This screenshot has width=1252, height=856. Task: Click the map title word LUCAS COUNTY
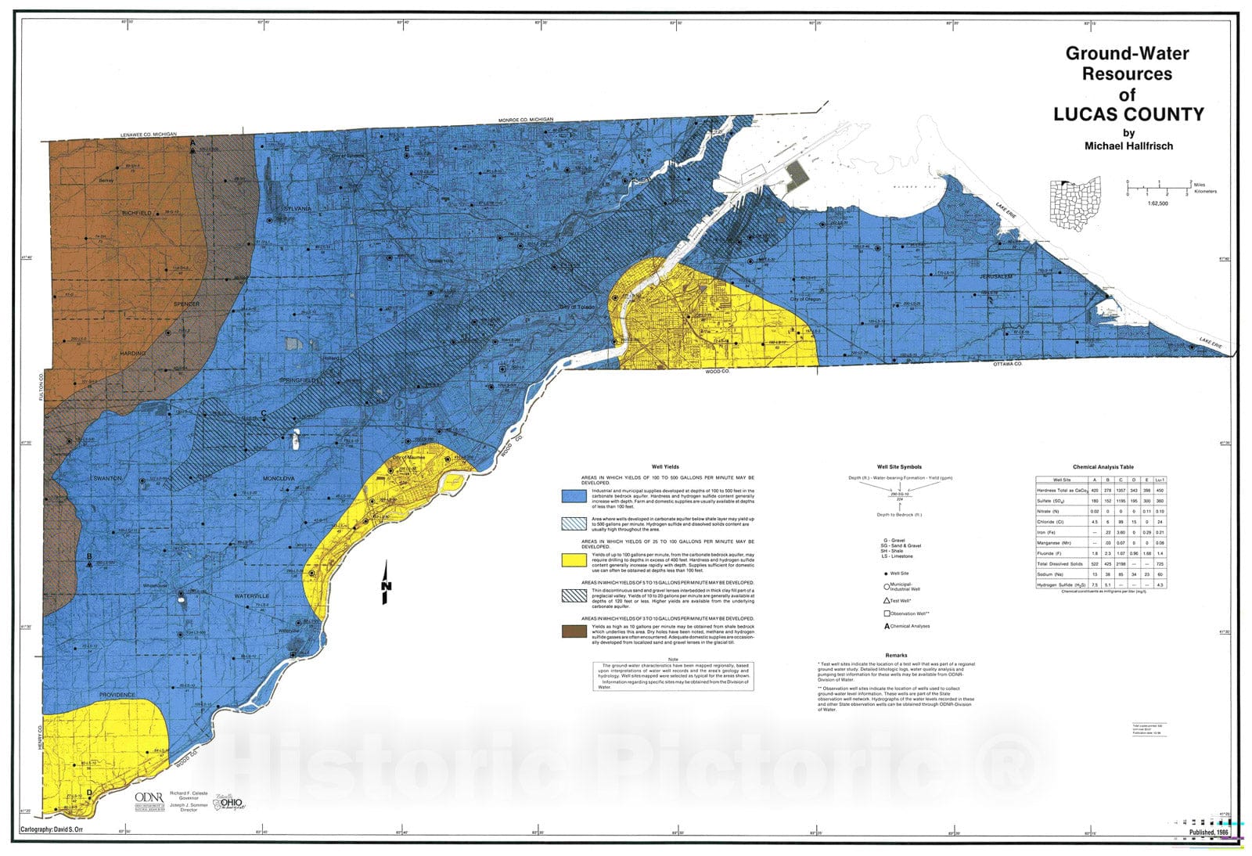coord(1128,114)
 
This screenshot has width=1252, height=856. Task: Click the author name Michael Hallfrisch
coord(1128,146)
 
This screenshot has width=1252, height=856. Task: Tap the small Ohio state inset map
coord(1075,204)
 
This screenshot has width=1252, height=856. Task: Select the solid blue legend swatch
coord(574,496)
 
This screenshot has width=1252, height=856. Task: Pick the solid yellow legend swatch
coord(574,560)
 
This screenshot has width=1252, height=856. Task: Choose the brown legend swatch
coord(574,631)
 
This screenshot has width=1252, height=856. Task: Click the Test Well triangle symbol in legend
coord(887,600)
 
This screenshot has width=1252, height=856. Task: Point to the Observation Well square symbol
coord(887,613)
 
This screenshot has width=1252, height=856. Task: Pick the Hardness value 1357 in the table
coord(1121,490)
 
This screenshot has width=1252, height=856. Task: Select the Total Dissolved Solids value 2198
coord(1121,563)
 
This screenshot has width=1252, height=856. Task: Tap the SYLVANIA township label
coord(297,209)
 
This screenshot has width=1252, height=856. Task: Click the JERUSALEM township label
coord(996,277)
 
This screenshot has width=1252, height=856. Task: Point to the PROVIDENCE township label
coord(117,695)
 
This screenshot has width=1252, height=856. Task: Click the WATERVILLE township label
coord(251,596)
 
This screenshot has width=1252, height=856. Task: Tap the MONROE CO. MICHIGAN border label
coord(526,120)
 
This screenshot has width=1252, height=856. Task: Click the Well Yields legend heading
coord(665,466)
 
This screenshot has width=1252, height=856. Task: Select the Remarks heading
coord(896,655)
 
